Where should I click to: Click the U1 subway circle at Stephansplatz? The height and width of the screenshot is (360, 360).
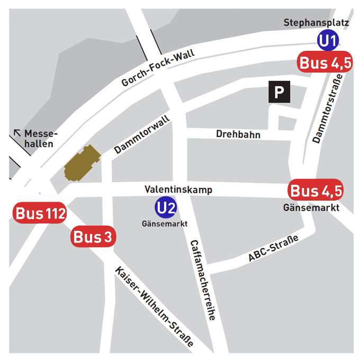(x=327, y=41)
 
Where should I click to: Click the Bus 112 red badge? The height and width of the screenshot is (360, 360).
(x=40, y=214)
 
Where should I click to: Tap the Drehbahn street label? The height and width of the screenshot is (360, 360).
(x=238, y=134)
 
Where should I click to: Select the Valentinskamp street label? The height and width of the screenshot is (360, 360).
(x=178, y=189)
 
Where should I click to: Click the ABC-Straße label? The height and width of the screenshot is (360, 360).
(x=273, y=249)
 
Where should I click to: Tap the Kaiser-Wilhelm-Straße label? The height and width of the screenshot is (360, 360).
(x=153, y=305)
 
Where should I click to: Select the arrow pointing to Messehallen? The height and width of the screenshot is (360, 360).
(x=18, y=132)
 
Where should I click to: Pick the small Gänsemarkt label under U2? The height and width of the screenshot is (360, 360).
(x=165, y=223)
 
